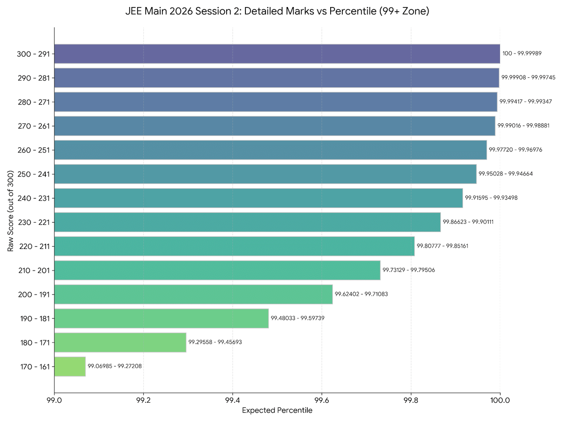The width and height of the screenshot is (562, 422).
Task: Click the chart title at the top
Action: tap(277, 12)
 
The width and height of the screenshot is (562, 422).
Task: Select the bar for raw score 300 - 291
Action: tap(277, 53)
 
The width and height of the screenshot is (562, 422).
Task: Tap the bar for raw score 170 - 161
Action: tap(70, 366)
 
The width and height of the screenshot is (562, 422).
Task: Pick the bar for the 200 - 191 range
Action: tap(193, 294)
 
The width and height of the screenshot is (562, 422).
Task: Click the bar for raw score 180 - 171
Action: tap(120, 342)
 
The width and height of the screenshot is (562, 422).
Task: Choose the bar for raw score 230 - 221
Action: tap(247, 222)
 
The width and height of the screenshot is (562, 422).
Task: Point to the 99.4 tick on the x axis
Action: tap(233, 401)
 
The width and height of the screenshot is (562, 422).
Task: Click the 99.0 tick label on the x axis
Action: tap(54, 401)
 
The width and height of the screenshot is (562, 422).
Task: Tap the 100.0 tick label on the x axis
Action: tap(500, 401)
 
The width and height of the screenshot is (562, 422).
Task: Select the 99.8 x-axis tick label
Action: tap(411, 401)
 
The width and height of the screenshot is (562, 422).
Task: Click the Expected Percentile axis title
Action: tap(277, 411)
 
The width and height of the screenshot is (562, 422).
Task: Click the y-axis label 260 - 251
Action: tap(34, 150)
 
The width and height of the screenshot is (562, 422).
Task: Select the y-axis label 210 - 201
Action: tap(34, 270)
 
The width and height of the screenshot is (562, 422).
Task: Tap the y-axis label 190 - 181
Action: tap(34, 318)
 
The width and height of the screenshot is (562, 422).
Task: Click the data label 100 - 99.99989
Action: tap(522, 53)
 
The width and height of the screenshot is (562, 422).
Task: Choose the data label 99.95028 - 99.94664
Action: tap(505, 174)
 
